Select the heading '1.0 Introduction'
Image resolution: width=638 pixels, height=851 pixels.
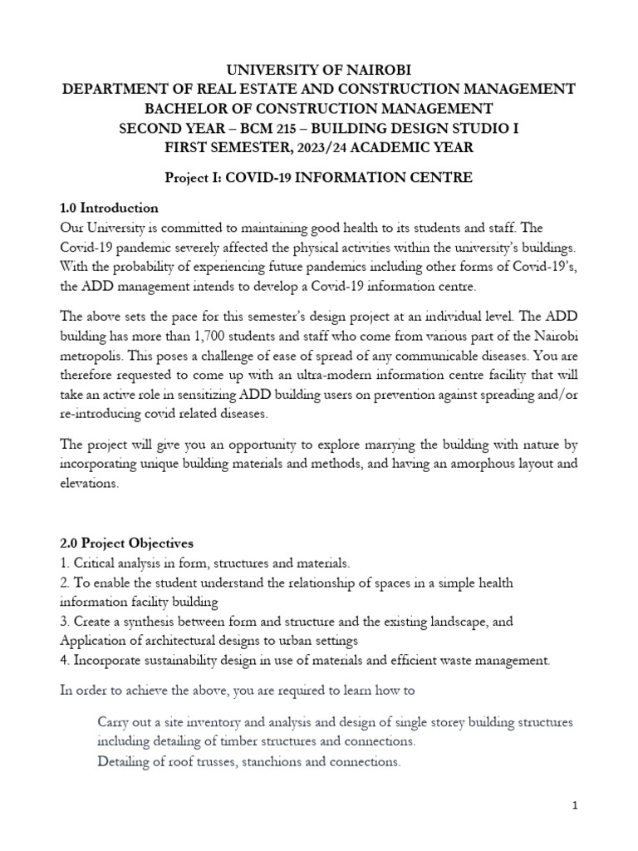click(109, 207)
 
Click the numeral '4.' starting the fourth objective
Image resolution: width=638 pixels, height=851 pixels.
click(66, 661)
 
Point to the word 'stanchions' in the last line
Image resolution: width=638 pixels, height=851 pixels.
click(273, 760)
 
